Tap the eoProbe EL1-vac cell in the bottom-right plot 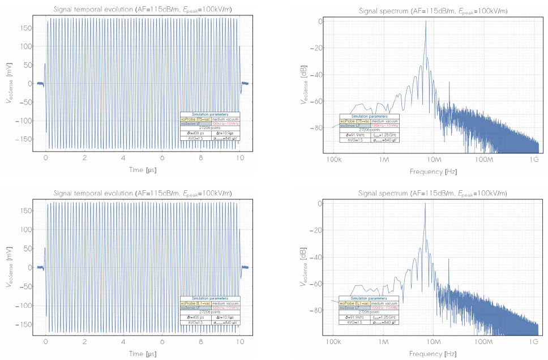(354, 303)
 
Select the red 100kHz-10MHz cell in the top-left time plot (226, 125)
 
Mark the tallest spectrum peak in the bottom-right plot (425, 204)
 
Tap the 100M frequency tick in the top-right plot (484, 161)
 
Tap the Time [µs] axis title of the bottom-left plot (143, 354)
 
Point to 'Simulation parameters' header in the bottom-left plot (210, 298)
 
